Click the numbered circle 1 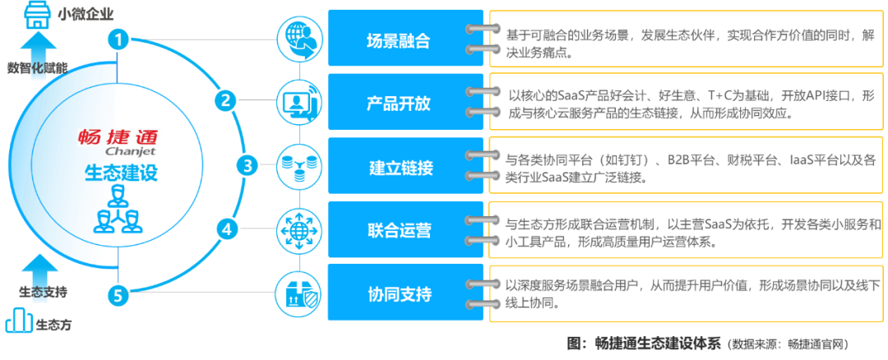pyautogui.click(x=120, y=39)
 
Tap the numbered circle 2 pyautogui.click(x=224, y=101)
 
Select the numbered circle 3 pyautogui.click(x=247, y=165)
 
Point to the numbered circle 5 pyautogui.click(x=120, y=293)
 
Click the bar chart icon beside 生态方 pyautogui.click(x=17, y=321)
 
